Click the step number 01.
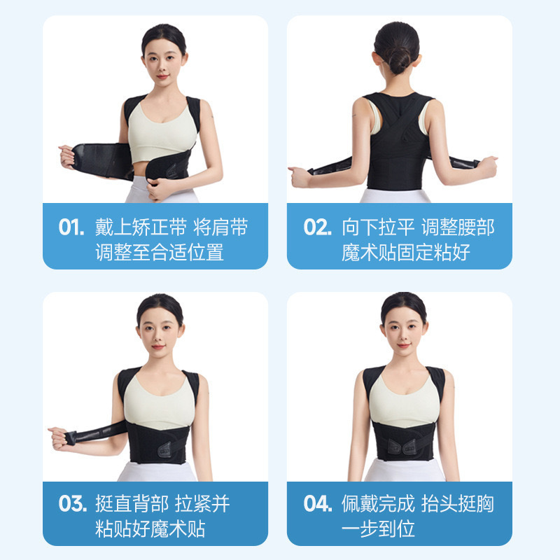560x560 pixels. pos(71,227)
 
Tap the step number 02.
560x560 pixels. pos(318,227)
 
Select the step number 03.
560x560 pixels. pos(73,503)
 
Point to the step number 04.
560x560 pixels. pos(318,503)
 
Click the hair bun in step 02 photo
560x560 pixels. pos(398,60)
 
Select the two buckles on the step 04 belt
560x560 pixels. pos(402,447)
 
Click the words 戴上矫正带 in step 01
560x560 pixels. pos(141,227)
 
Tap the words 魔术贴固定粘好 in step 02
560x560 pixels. pos(406,252)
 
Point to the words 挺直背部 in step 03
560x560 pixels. pos(132,503)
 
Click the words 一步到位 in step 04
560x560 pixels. pos(378,528)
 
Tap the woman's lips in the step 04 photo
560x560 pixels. pos(404,345)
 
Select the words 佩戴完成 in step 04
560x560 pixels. pos(378,503)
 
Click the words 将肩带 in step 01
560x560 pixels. pos(220,227)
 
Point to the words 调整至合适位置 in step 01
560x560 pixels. pos(160,252)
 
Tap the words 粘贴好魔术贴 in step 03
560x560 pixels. pos(150,528)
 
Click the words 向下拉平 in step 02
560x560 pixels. pos(378,227)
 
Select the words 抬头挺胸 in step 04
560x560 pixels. pos(458,503)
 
